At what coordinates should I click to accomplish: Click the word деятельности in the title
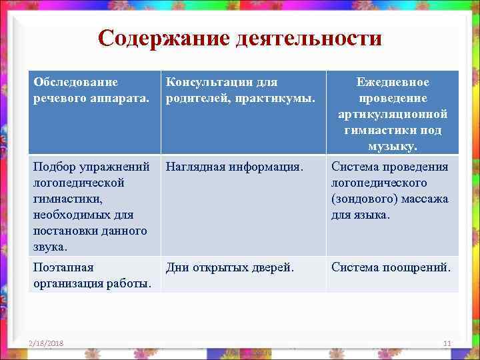tap(309, 37)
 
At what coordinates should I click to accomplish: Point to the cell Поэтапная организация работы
tap(94, 275)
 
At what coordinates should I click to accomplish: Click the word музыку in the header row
tap(392, 146)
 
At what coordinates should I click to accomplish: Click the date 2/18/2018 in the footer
tap(47, 343)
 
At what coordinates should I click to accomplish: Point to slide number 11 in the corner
tap(447, 343)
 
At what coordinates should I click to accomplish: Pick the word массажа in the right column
tap(427, 199)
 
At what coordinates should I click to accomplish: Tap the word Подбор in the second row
tap(53, 167)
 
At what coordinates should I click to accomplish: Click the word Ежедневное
tap(393, 81)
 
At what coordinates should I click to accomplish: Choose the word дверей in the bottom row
tap(277, 267)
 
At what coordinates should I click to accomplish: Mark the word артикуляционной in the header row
tap(393, 114)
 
